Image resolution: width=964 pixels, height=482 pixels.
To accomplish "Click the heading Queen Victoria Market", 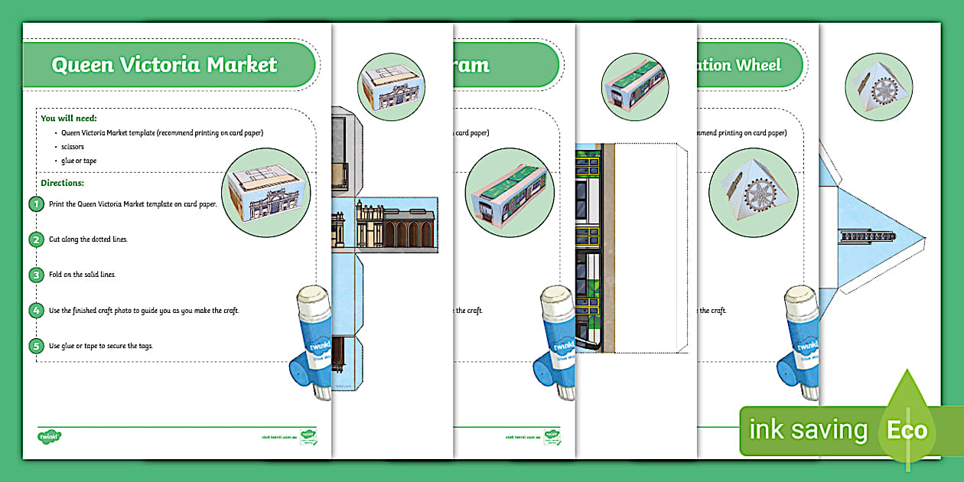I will [x=164, y=65].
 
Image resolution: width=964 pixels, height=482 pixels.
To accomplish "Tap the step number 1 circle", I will [x=36, y=204].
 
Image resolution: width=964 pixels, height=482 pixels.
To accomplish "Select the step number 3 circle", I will [x=36, y=275].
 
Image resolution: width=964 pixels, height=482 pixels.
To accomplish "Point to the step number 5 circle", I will [x=36, y=346].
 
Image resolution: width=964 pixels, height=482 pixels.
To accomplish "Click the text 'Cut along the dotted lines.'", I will [x=88, y=239].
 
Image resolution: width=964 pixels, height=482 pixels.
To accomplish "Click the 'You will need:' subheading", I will [x=68, y=119].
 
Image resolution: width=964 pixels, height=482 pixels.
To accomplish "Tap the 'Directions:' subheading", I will [x=62, y=183].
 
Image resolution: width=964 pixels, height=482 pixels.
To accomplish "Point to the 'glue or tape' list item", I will [x=79, y=161].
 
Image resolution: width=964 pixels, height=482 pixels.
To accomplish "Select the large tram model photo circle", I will [x=510, y=191].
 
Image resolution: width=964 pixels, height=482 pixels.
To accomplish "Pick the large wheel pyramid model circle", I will [x=754, y=191].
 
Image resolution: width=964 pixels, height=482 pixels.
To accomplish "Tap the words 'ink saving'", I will [x=808, y=431].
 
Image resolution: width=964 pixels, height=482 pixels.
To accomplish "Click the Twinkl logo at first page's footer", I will [x=49, y=437].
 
